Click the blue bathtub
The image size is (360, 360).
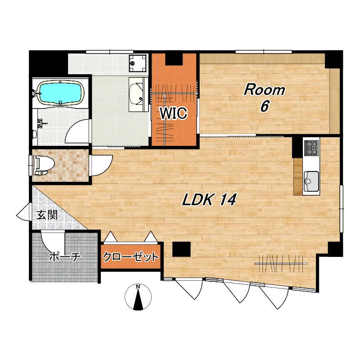(61, 92)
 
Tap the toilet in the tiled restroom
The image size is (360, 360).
(43, 165)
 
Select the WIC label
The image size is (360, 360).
(173, 113)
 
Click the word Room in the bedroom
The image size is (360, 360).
(264, 90)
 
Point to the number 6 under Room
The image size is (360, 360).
(265, 106)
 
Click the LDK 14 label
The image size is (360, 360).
(209, 199)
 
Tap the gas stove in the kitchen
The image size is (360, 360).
(311, 148)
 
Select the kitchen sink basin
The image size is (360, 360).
(311, 181)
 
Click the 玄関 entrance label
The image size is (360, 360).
(47, 216)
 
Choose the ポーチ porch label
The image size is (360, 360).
(65, 256)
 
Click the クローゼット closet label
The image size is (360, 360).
(130, 256)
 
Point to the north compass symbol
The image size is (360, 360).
(138, 297)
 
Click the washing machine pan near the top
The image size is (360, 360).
(138, 63)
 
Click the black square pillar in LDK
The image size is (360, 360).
(181, 249)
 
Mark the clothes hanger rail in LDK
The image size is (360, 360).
(281, 264)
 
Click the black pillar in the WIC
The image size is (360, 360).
(174, 59)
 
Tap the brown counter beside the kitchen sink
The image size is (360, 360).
(298, 177)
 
